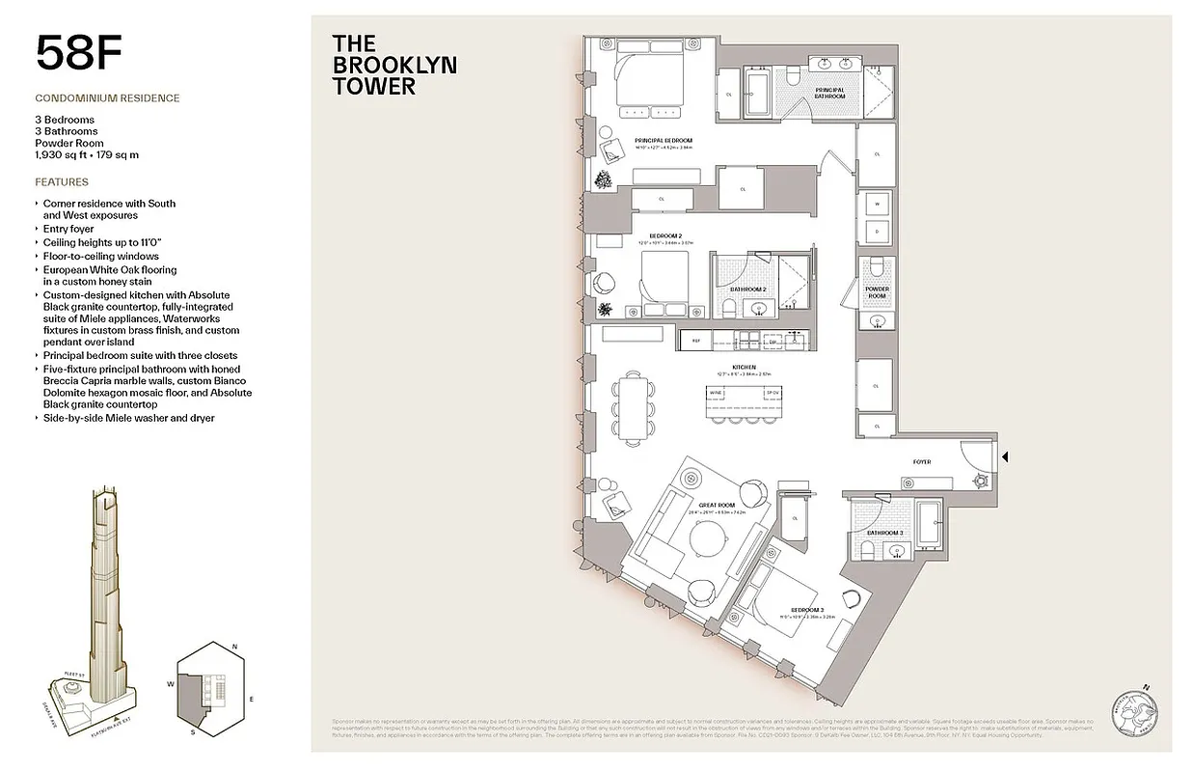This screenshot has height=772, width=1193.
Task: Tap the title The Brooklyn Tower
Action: (393, 65)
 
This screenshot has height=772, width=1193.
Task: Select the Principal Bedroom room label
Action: (663, 142)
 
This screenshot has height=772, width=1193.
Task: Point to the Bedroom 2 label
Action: (665, 234)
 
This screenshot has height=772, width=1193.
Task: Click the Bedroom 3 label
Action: (807, 610)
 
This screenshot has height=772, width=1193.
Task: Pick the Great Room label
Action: (718, 505)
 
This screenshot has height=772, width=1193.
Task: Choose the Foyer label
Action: (922, 462)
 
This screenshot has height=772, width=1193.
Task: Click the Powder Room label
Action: (877, 292)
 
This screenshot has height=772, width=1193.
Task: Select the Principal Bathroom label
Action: (829, 93)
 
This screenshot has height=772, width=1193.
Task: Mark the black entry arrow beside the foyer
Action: (1005, 457)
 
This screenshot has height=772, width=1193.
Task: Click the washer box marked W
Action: (877, 205)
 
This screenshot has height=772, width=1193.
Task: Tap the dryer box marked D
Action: (877, 233)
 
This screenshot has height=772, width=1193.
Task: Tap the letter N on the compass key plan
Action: (235, 645)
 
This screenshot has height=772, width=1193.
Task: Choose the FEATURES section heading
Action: (61, 182)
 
